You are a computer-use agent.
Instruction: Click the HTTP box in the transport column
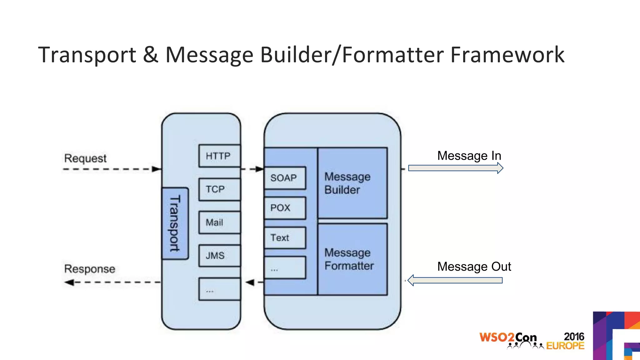[x=219, y=156]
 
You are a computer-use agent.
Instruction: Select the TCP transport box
[x=219, y=189]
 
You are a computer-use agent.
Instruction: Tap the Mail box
[x=219, y=222]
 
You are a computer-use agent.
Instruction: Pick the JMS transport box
[x=219, y=256]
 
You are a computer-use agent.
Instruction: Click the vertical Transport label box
[x=175, y=223]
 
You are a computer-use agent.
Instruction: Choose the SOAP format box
[x=285, y=178]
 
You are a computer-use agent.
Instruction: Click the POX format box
[x=285, y=208]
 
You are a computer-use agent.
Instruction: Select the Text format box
[x=285, y=238]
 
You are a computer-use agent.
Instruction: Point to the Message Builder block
[x=352, y=183]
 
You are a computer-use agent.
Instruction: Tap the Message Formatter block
[x=352, y=259]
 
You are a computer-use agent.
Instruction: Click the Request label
[x=85, y=158]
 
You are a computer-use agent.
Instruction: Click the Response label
[x=90, y=269]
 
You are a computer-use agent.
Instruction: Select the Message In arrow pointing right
[x=455, y=168]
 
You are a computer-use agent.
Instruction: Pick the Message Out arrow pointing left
[x=455, y=280]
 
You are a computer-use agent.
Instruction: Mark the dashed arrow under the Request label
[x=112, y=169]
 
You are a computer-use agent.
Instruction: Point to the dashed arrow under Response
[x=112, y=282]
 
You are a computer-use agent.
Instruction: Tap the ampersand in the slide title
[x=151, y=55]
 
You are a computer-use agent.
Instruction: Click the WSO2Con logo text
[x=508, y=338]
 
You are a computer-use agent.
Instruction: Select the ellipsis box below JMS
[x=219, y=289]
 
